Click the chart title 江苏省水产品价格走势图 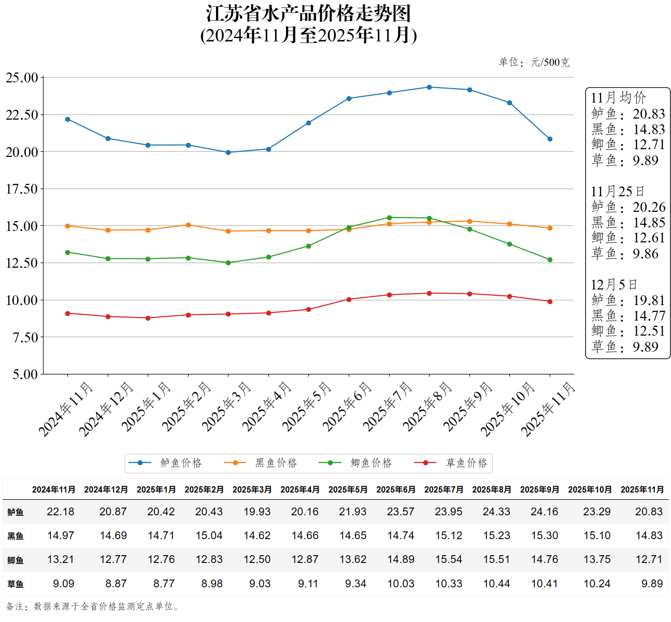(308, 14)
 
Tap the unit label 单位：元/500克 (534, 63)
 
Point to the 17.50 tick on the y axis (22, 189)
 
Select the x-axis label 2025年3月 (226, 407)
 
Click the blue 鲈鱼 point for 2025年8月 (429, 87)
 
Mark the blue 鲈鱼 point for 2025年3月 (229, 152)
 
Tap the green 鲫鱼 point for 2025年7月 (389, 218)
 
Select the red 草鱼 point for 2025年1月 (148, 318)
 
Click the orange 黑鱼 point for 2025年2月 (188, 225)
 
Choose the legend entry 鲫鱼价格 (371, 463)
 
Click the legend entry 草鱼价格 (466, 463)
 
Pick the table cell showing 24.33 (496, 512)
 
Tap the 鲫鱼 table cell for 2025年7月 (449, 559)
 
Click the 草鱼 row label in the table (16, 584)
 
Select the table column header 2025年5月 (348, 489)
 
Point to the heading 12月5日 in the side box (614, 285)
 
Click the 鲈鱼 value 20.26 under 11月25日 (649, 207)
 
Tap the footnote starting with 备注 (93, 606)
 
